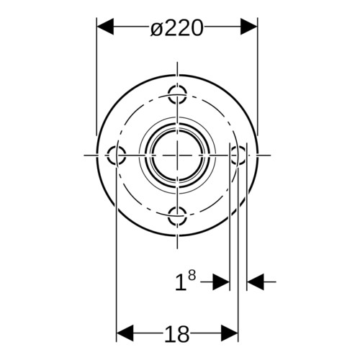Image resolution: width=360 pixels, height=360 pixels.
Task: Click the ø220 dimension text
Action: tap(177, 28)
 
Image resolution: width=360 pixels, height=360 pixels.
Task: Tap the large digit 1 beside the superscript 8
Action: tap(180, 282)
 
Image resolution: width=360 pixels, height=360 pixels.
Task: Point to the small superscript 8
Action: tap(192, 276)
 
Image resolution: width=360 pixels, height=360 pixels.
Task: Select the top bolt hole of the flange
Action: tap(177, 94)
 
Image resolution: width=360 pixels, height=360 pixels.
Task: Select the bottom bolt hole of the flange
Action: tap(177, 216)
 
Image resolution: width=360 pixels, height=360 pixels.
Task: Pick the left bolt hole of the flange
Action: tap(116, 156)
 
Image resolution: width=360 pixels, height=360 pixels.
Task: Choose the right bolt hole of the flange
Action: tap(238, 156)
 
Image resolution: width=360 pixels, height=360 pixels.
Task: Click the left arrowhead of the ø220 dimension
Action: tap(105, 27)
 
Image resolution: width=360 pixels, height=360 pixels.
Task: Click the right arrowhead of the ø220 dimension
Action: tap(249, 27)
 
